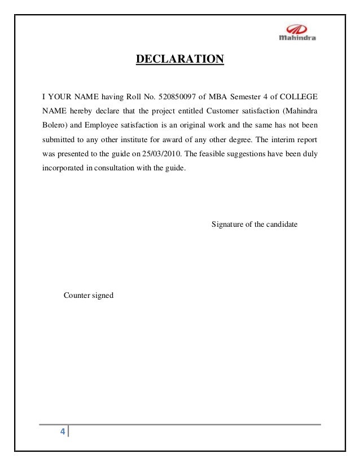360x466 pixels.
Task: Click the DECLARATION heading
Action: tap(179, 59)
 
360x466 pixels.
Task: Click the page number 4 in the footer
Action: tap(63, 432)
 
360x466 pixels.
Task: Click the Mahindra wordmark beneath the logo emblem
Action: tap(298, 38)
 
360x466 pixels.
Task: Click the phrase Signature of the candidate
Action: tap(254, 225)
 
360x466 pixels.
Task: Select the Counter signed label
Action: tap(89, 294)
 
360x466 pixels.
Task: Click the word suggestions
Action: tap(243, 153)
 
